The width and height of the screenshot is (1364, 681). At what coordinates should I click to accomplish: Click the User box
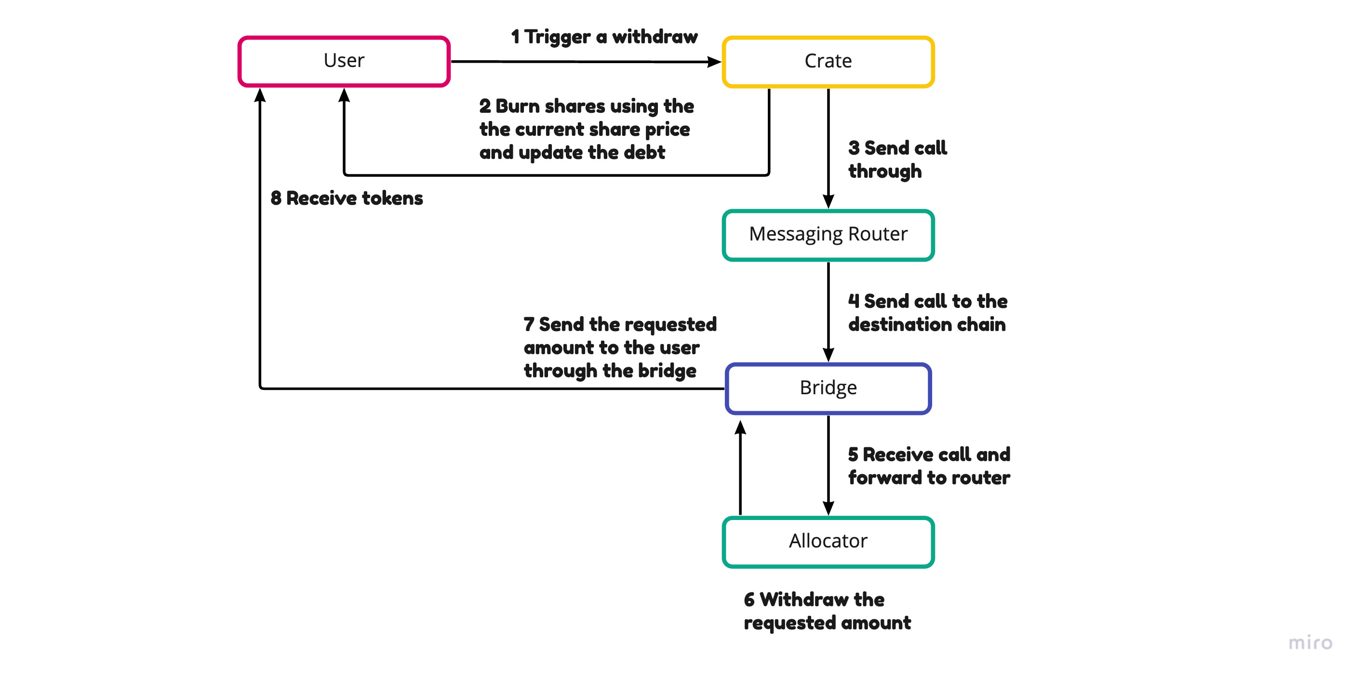(x=344, y=61)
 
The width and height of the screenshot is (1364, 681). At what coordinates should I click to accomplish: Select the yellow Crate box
(x=828, y=61)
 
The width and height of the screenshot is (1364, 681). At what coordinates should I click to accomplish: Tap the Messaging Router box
(x=828, y=235)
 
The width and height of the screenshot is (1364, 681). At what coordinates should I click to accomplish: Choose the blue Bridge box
(x=828, y=388)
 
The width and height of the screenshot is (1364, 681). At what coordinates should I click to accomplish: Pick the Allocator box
(x=828, y=541)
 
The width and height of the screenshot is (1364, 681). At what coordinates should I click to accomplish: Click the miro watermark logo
(x=1310, y=642)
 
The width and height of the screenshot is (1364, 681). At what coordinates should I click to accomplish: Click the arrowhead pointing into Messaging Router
(x=828, y=201)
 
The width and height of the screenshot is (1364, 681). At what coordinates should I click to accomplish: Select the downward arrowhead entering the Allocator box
(x=828, y=508)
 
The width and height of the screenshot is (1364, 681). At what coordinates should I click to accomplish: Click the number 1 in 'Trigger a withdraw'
(x=515, y=37)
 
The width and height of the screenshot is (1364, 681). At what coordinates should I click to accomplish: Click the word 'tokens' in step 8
(x=392, y=199)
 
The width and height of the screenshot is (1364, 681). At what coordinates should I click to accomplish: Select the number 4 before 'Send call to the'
(x=854, y=301)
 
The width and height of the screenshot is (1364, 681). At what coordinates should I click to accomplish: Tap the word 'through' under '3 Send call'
(x=884, y=172)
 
